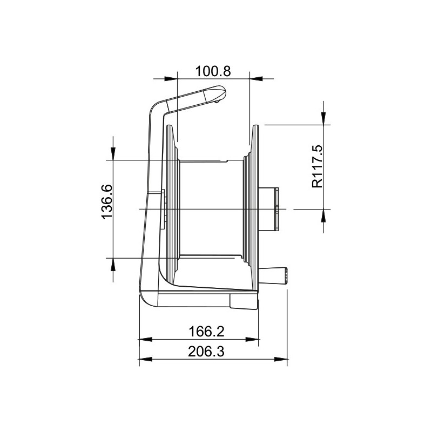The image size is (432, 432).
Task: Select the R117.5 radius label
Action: coord(317,166)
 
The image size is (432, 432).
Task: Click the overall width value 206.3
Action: coord(206,352)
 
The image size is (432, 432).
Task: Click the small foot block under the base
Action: coord(244,302)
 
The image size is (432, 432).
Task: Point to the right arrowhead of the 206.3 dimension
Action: coord(282,360)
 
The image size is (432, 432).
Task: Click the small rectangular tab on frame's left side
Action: coord(163,198)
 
